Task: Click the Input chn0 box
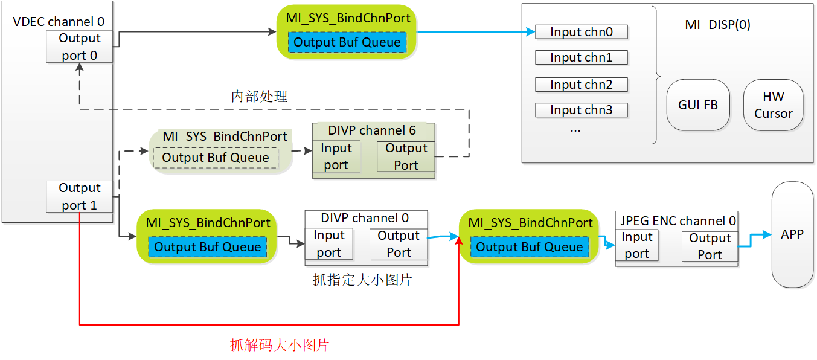(582, 32)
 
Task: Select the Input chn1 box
(582, 57)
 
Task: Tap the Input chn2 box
(582, 84)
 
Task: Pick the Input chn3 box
(582, 110)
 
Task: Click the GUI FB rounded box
(698, 105)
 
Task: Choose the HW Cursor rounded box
(774, 105)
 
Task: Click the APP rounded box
(792, 234)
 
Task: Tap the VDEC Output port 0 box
(80, 47)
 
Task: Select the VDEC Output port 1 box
(80, 196)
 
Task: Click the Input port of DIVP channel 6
(336, 156)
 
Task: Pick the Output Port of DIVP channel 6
(406, 156)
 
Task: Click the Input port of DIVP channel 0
(329, 243)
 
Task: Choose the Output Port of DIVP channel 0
(399, 243)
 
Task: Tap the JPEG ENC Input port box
(637, 245)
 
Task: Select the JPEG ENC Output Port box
(710, 246)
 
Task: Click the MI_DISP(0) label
(717, 24)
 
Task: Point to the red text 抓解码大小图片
(280, 345)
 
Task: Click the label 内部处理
(259, 97)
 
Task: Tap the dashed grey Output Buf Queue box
(216, 158)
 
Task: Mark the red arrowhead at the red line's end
(459, 240)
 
